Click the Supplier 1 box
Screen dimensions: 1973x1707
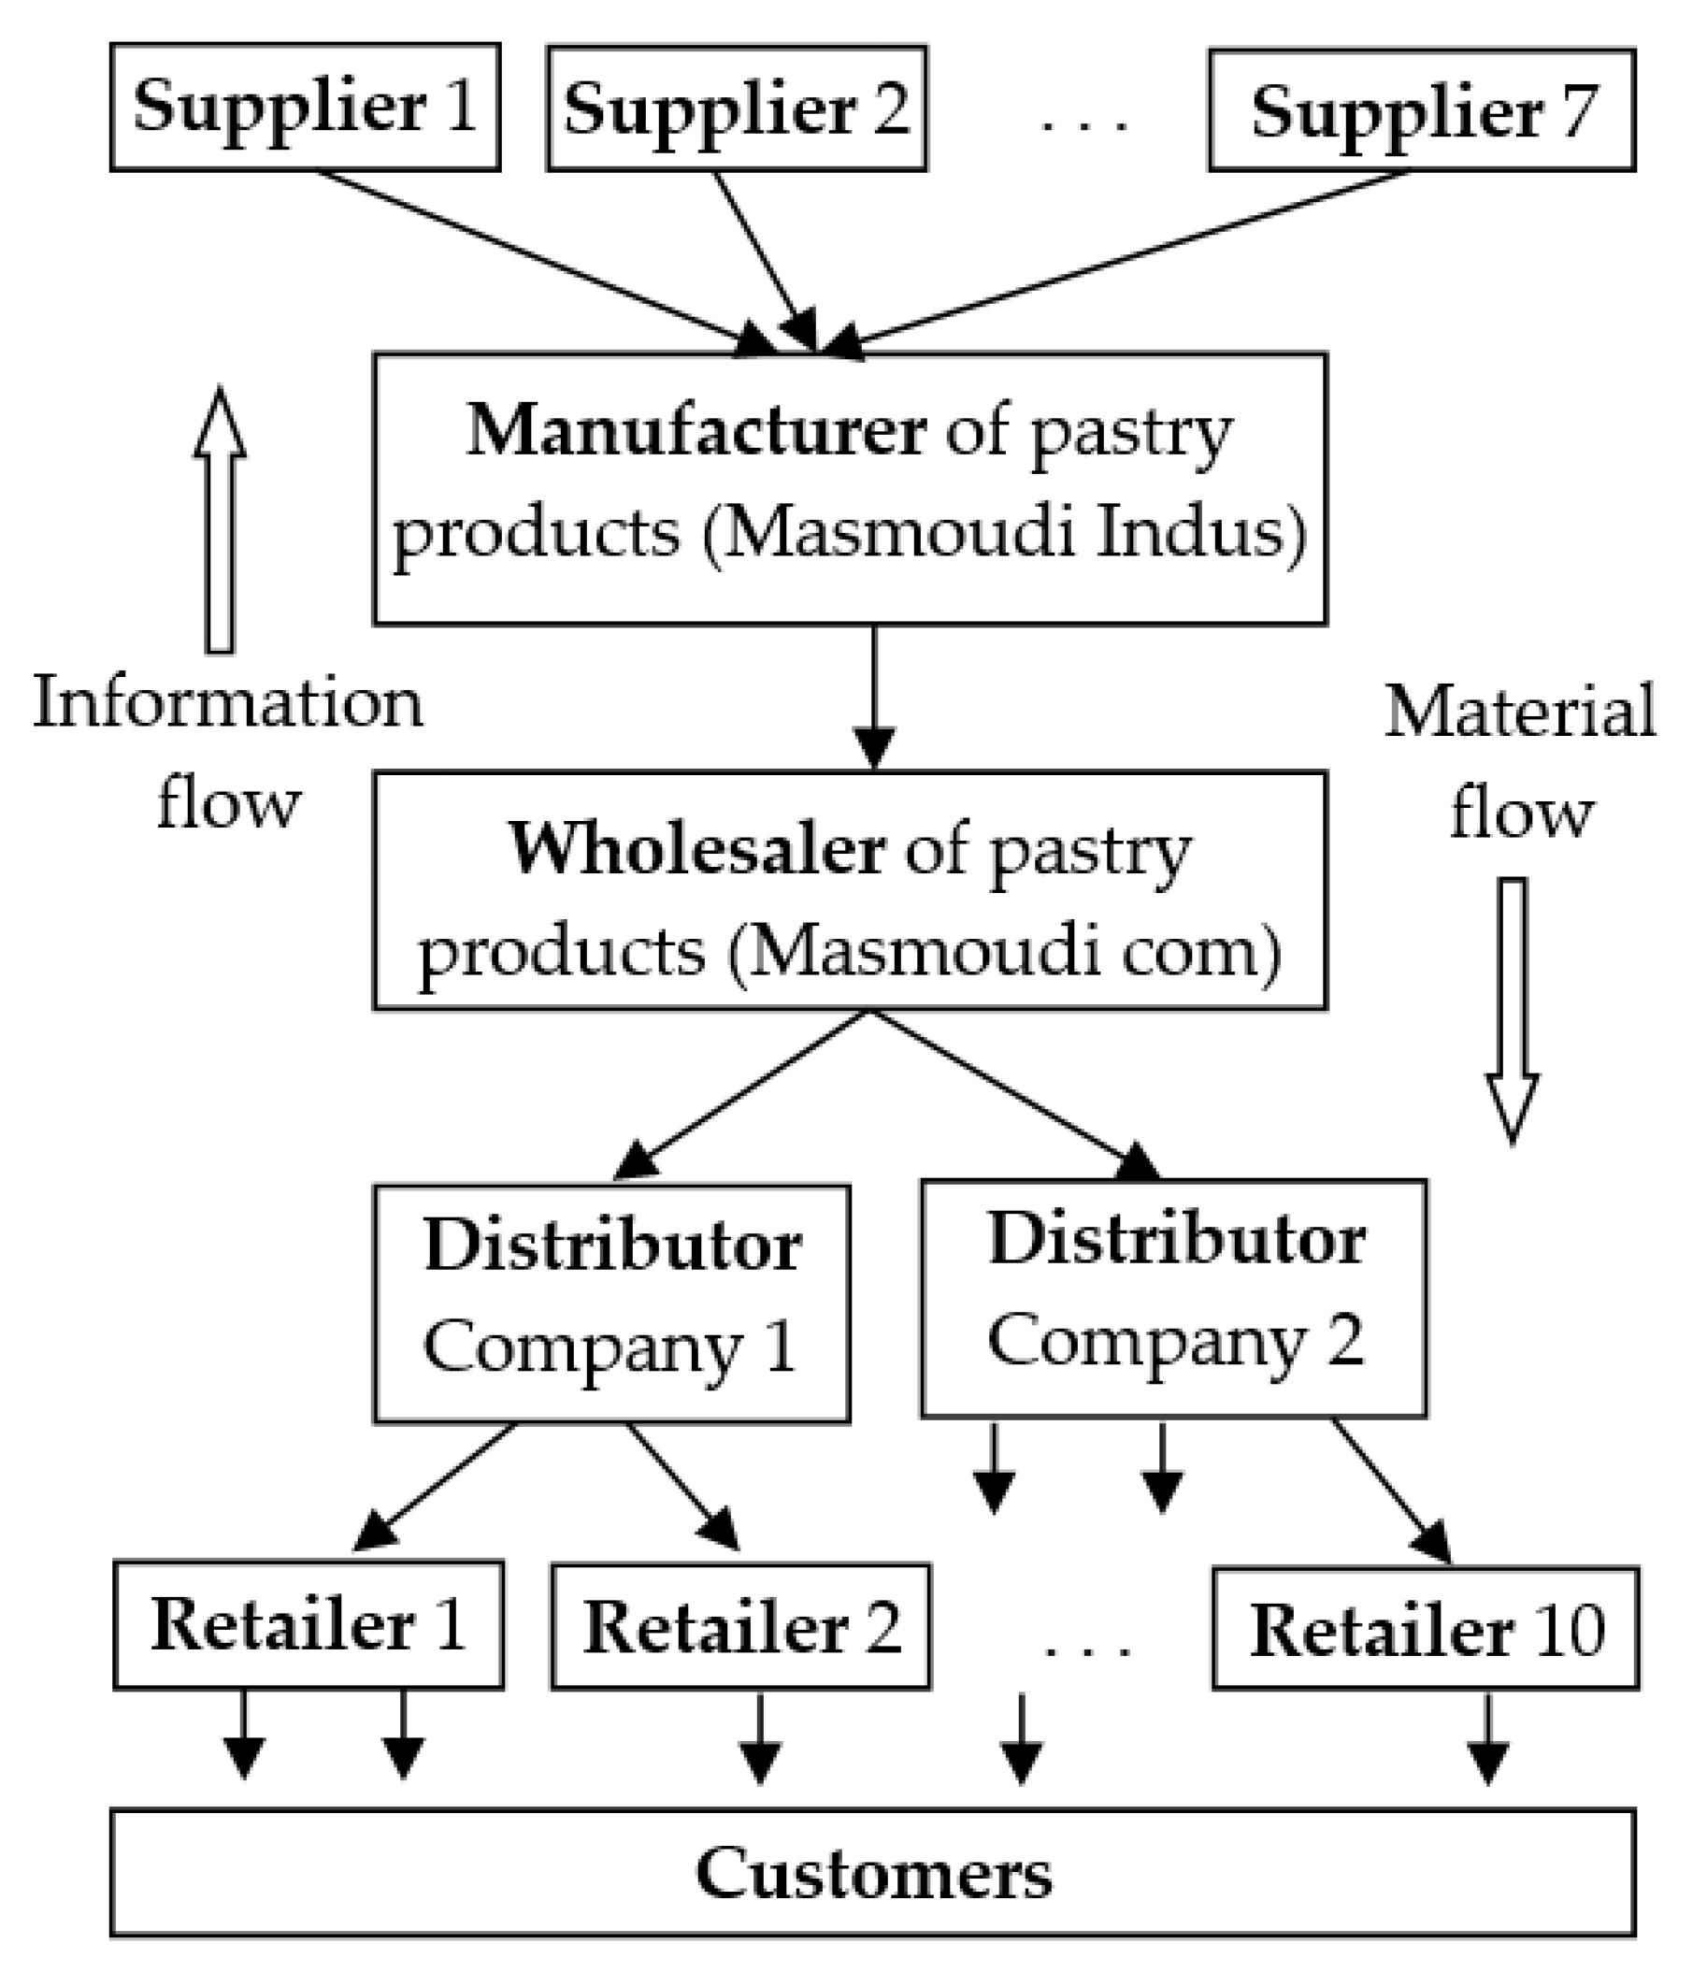coord(305,107)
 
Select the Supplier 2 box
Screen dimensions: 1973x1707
coord(737,108)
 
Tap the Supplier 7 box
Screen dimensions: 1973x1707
coord(1421,110)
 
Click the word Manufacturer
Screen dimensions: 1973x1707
coord(696,431)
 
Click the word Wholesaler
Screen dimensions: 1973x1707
coord(696,848)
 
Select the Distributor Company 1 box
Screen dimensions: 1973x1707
coord(611,1303)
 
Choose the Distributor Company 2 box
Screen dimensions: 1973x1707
coord(1173,1298)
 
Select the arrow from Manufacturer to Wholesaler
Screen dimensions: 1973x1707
coord(873,696)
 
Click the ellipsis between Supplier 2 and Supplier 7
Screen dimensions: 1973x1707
coord(1083,123)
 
